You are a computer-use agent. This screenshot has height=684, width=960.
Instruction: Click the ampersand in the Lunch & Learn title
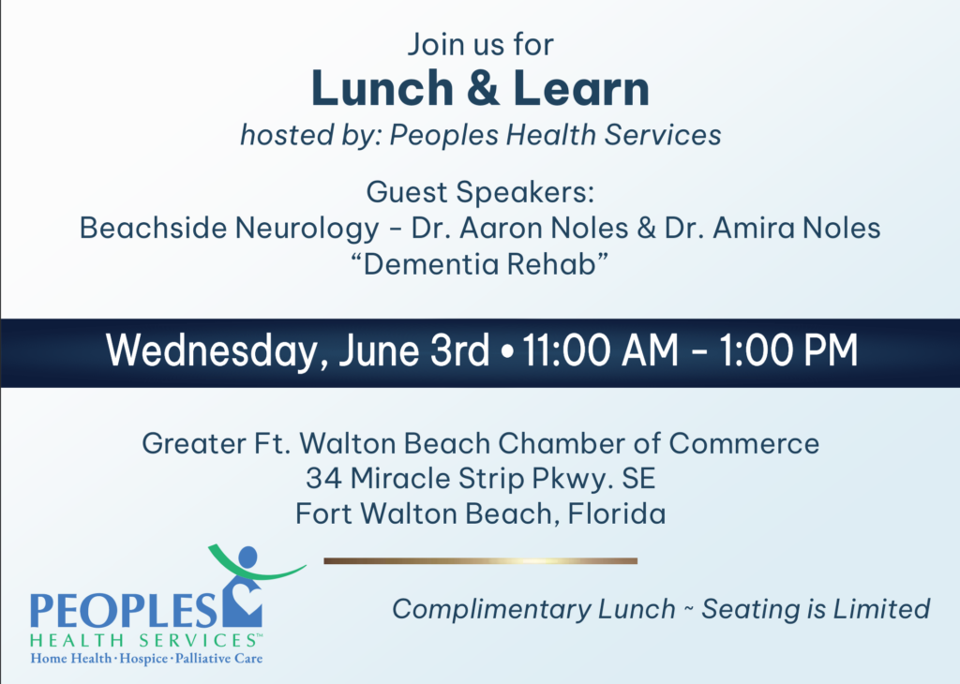pos(482,89)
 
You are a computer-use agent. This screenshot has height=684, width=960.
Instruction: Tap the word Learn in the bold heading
pos(580,89)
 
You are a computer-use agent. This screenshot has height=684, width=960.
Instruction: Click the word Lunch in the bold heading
pos(382,89)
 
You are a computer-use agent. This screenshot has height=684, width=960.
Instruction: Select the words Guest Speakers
pos(480,193)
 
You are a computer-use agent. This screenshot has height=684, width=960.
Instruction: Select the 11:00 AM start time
pos(600,350)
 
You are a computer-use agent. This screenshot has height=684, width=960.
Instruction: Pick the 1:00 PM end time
pos(787,350)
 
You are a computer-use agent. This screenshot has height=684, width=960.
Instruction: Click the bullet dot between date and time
pos(507,353)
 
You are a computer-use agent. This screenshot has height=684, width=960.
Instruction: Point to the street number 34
pos(323,479)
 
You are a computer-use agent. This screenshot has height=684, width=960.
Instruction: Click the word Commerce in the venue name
pos(743,443)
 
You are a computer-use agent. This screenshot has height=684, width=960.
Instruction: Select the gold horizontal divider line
pos(481,561)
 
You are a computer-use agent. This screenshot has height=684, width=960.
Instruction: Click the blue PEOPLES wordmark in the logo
pos(124,611)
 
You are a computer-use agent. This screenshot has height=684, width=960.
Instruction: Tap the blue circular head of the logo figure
pos(247,558)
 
